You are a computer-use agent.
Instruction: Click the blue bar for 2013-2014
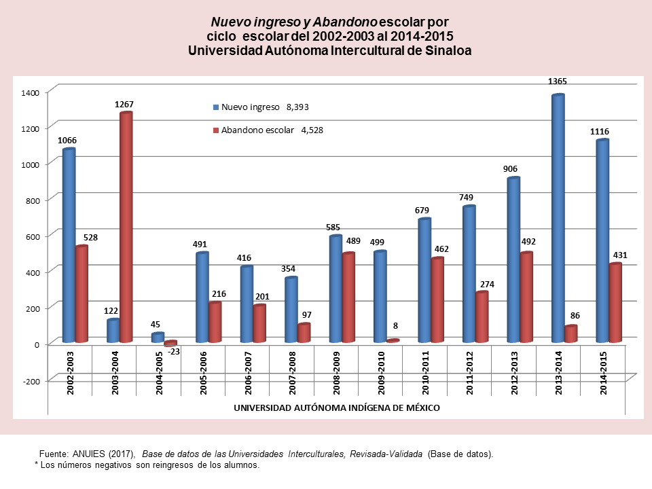click(x=558, y=217)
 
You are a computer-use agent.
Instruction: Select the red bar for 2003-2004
click(x=126, y=228)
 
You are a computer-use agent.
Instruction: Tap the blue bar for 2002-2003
click(x=69, y=244)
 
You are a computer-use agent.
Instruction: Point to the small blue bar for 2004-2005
click(x=158, y=337)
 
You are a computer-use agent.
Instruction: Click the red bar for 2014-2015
click(x=615, y=302)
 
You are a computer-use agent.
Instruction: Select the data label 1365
click(x=558, y=81)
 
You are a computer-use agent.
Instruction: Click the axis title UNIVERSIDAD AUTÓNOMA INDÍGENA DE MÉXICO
click(x=336, y=407)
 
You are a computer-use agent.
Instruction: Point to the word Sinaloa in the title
click(x=445, y=50)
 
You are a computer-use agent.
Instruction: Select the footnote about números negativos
click(x=147, y=465)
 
